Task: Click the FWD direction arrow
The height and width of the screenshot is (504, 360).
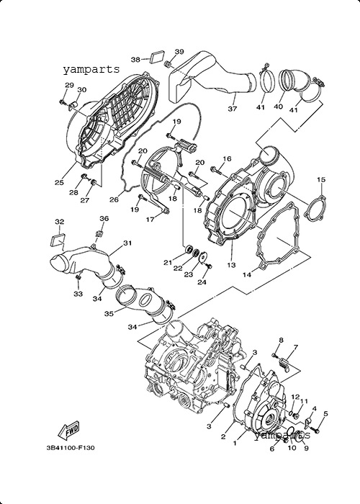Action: click(x=68, y=431)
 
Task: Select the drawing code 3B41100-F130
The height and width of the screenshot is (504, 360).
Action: click(x=71, y=447)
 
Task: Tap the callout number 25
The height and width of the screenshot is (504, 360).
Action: click(x=59, y=182)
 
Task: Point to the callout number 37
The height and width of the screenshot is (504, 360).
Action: click(x=233, y=109)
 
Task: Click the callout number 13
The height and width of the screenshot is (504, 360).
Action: click(x=231, y=265)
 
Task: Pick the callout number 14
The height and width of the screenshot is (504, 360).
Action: click(x=247, y=275)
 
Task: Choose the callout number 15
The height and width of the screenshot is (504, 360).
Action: click(x=321, y=179)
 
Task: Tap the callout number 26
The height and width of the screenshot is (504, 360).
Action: click(x=114, y=199)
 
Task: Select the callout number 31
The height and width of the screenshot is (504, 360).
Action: click(x=127, y=243)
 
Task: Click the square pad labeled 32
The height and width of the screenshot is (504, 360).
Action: click(x=58, y=240)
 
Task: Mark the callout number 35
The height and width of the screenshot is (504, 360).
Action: click(x=109, y=313)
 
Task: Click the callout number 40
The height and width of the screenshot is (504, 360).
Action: click(x=278, y=107)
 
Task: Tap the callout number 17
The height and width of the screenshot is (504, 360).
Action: click(x=150, y=220)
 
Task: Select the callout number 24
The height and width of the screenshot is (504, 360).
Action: click(x=202, y=282)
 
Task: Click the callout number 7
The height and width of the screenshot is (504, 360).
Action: click(x=296, y=347)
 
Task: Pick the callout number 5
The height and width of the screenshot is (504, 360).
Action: click(x=325, y=414)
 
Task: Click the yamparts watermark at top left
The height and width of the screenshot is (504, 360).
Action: click(x=91, y=69)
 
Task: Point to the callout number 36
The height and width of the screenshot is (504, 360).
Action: click(x=104, y=219)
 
